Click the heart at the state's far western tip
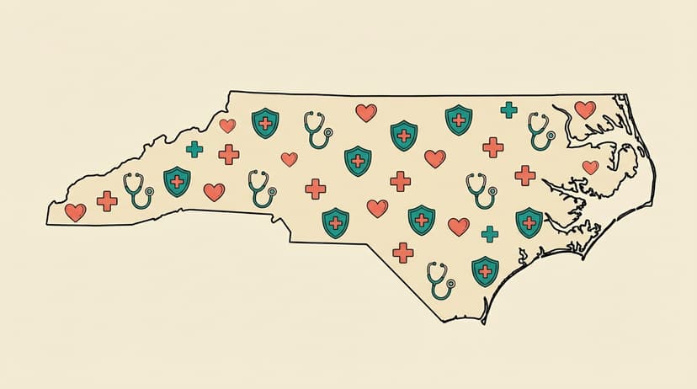[75, 211]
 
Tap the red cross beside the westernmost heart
[107, 201]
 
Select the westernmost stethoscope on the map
[137, 190]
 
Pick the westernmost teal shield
[177, 181]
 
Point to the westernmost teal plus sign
[194, 149]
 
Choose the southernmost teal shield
[485, 271]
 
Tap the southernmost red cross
[403, 252]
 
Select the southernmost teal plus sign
[489, 233]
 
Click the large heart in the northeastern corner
[584, 109]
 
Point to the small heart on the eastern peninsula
[590, 167]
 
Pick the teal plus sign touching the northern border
[508, 109]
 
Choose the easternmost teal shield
[529, 222]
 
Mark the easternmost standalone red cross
[524, 175]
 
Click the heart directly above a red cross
[227, 125]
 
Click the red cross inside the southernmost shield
[485, 269]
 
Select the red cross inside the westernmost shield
[177, 181]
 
